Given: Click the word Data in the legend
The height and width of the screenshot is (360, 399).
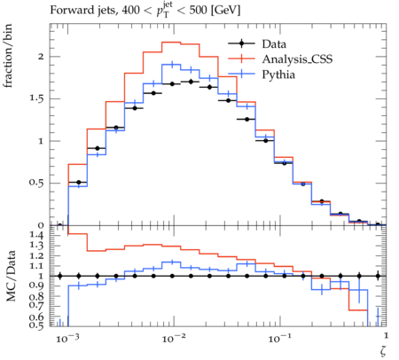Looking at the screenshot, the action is tap(274, 44).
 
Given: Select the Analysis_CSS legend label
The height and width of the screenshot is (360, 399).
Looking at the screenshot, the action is tap(297, 59).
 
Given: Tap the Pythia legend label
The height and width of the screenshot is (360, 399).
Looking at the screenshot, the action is tap(278, 74).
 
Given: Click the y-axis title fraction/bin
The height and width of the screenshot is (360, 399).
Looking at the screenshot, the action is tap(8, 56).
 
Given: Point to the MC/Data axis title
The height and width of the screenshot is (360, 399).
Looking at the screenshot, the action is tap(11, 276).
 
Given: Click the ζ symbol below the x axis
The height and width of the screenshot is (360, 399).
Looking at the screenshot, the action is tap(383, 350).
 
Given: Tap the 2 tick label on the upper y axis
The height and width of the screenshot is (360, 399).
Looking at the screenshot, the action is tap(41, 57).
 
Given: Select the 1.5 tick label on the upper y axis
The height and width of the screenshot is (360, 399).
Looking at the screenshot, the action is tap(36, 98).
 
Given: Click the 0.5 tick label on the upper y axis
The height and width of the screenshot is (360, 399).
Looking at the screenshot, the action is tap(36, 183).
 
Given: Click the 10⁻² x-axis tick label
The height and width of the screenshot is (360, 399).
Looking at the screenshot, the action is tap(173, 338).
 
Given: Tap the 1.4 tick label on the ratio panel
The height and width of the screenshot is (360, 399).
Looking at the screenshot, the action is tap(36, 235).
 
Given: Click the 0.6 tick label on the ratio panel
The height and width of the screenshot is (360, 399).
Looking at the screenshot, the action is tap(36, 317).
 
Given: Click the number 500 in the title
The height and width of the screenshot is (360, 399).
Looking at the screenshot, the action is tap(198, 10).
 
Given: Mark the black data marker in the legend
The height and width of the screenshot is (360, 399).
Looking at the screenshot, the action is tap(241, 43).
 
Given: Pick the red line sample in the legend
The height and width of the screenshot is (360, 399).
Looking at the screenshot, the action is tap(241, 59).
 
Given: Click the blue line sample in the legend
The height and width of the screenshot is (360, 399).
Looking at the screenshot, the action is tap(241, 74).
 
